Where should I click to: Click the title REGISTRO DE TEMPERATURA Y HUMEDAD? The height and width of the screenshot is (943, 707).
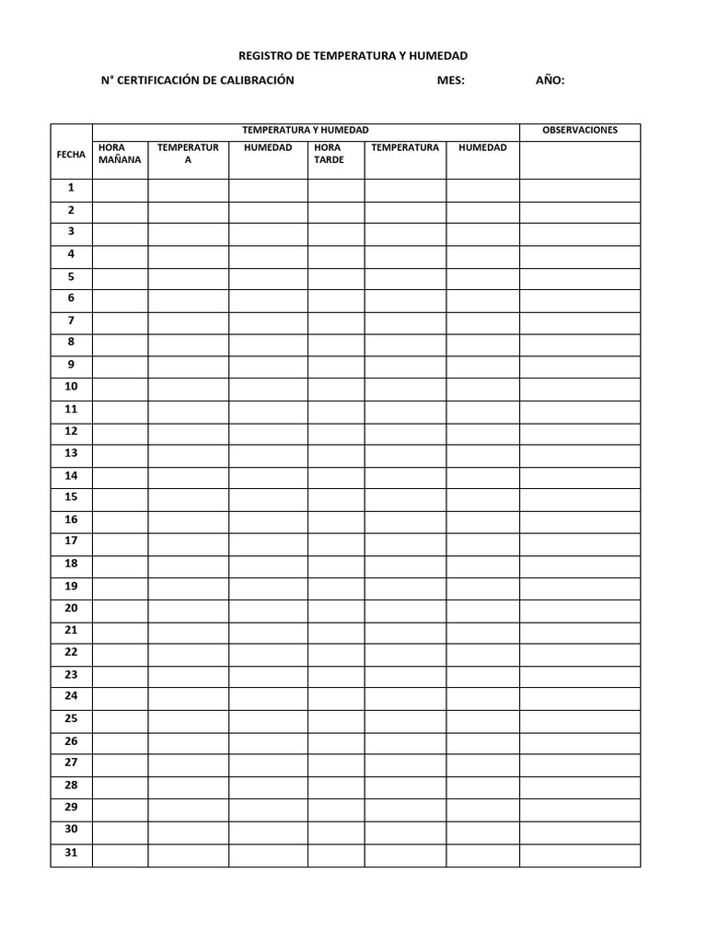(x=353, y=57)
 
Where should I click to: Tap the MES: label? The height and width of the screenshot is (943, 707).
(x=451, y=81)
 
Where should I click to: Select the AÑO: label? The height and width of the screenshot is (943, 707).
(x=551, y=81)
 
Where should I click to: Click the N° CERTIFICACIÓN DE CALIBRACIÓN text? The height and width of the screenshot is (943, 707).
(x=197, y=81)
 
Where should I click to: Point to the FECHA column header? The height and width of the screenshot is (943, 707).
(x=71, y=155)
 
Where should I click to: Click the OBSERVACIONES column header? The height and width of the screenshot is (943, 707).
(x=580, y=131)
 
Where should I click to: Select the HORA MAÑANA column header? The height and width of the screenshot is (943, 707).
(x=120, y=154)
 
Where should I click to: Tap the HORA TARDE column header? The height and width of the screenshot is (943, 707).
(x=329, y=154)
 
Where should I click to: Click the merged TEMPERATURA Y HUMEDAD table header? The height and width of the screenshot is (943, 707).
(x=305, y=131)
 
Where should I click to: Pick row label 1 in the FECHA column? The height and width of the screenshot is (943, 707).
(x=71, y=188)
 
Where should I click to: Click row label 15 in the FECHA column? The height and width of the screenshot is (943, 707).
(x=71, y=497)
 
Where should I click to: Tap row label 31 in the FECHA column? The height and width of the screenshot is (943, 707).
(x=71, y=853)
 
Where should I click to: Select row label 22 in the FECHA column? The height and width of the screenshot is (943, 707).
(x=71, y=652)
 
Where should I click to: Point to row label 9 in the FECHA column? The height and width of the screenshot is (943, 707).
(x=71, y=365)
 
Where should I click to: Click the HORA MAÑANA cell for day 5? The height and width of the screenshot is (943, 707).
(x=120, y=277)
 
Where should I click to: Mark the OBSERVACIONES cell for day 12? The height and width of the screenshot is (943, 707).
(x=580, y=432)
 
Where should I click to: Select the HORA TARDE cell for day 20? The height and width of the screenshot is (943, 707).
(x=336, y=609)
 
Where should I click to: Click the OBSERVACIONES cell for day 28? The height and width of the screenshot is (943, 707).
(x=580, y=786)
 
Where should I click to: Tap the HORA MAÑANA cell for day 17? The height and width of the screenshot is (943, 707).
(x=120, y=542)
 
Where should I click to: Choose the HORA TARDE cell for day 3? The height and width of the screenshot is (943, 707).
(x=336, y=233)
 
